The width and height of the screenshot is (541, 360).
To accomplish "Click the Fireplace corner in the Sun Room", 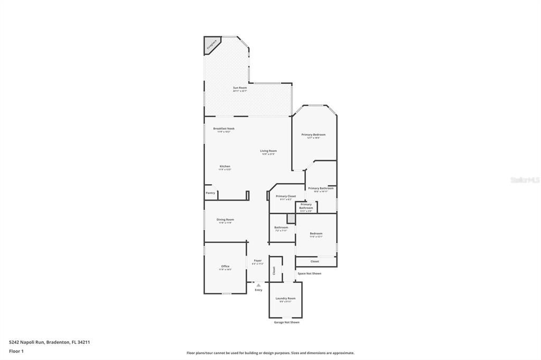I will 211,45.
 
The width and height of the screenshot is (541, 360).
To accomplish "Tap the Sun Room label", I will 240,88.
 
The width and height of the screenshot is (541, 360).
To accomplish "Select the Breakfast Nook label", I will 224,129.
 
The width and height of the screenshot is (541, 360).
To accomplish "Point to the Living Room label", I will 268,151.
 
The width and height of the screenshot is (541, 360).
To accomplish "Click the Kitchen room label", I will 225,166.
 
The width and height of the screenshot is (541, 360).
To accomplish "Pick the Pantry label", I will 210,193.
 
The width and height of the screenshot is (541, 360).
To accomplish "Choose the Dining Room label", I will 225,220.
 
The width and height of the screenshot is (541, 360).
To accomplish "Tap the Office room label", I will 225,267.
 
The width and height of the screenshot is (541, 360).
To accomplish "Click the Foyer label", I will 258,261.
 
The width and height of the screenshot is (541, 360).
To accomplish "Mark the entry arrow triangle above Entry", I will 258,285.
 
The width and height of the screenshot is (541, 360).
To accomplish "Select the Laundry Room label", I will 285,298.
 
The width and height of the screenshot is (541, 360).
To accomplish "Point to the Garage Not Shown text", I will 286,322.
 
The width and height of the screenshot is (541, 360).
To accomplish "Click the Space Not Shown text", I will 309,273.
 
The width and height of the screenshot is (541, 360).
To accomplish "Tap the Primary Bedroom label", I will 313,135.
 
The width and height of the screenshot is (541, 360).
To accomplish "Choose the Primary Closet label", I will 286,196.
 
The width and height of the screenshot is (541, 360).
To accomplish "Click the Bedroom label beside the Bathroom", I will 316,233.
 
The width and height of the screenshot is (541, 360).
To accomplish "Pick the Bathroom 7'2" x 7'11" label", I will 281,228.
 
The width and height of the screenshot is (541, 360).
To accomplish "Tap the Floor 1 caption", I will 16,351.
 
